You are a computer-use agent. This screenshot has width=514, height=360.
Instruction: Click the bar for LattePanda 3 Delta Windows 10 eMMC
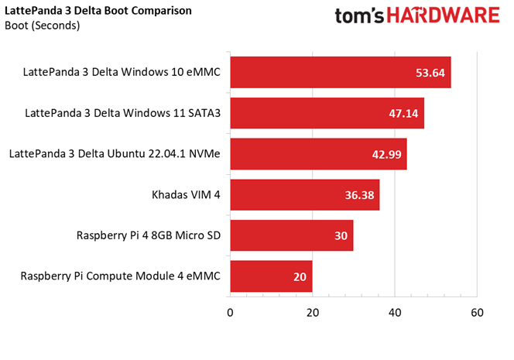(x=341, y=73)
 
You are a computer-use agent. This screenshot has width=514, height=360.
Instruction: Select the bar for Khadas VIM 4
(x=304, y=194)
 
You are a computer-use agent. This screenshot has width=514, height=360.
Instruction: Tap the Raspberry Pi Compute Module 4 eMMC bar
(x=271, y=276)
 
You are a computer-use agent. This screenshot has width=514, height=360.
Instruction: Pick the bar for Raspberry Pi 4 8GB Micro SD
(x=291, y=235)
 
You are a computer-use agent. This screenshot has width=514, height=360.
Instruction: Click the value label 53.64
(x=430, y=73)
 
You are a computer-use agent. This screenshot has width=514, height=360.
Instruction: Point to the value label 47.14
(x=403, y=113)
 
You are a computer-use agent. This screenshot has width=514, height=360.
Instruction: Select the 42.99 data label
(x=386, y=154)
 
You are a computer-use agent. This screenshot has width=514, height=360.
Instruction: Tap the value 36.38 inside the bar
(x=359, y=194)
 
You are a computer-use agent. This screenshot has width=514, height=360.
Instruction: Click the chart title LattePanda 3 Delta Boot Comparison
(x=98, y=11)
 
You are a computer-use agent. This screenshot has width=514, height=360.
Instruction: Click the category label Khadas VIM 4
(x=186, y=194)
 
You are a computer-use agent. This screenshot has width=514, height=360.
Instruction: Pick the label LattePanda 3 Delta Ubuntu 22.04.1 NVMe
(x=115, y=154)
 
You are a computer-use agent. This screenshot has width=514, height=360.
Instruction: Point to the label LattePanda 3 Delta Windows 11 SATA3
(x=122, y=113)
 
